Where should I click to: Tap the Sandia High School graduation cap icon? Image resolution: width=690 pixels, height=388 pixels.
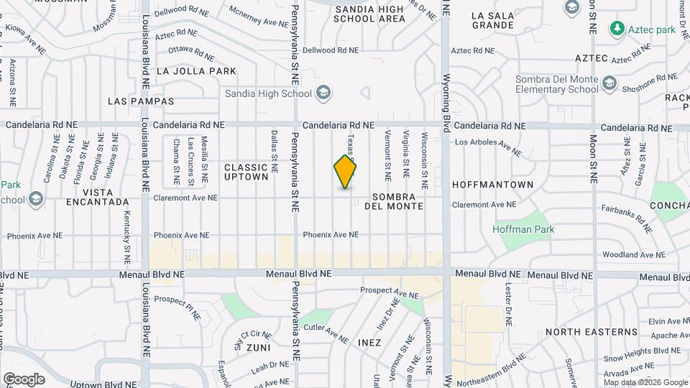[x=323, y=93]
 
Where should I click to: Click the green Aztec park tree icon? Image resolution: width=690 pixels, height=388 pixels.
[x=617, y=29]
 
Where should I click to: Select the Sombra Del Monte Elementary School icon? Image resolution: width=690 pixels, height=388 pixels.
[x=610, y=84]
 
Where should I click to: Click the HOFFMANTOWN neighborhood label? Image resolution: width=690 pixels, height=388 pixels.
[x=492, y=185]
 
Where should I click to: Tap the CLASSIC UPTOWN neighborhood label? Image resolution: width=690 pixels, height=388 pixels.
[x=247, y=172]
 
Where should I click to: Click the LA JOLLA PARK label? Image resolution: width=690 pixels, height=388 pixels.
[x=196, y=71]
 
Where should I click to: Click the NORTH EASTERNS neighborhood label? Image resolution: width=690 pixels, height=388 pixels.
[x=592, y=332]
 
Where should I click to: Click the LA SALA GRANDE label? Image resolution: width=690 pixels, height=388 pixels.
[x=493, y=19]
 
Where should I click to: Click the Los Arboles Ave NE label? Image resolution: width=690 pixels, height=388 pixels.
[x=487, y=146]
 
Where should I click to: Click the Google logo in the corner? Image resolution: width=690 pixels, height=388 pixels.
[x=24, y=379]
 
